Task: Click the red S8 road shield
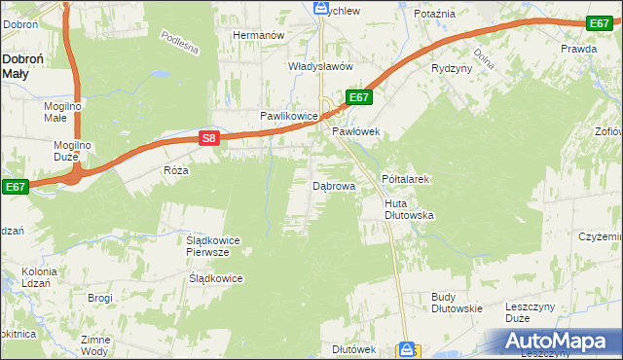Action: click(x=208, y=139)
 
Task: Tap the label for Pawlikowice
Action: click(x=289, y=116)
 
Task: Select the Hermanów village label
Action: click(x=258, y=35)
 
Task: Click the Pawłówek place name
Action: click(x=354, y=130)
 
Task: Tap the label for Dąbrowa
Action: click(x=334, y=184)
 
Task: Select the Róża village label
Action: click(x=175, y=169)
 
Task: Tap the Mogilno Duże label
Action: click(x=71, y=152)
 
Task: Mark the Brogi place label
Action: click(x=100, y=298)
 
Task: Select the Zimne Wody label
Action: click(x=95, y=345)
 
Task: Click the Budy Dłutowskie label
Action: click(x=457, y=303)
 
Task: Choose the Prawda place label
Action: click(x=578, y=48)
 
